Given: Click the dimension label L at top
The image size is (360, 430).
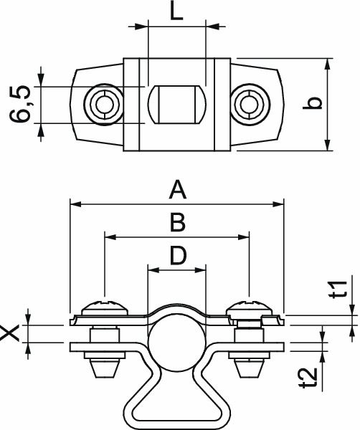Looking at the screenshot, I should [176, 12].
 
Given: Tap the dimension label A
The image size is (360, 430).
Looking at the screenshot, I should [176, 191].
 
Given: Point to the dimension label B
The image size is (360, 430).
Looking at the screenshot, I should [176, 223].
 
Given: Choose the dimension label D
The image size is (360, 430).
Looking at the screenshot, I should [176, 255].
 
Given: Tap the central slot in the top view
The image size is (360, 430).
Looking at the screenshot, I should [176, 105].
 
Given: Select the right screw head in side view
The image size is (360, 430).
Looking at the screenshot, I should [250, 309].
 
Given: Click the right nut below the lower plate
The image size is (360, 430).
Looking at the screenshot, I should [249, 366].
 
